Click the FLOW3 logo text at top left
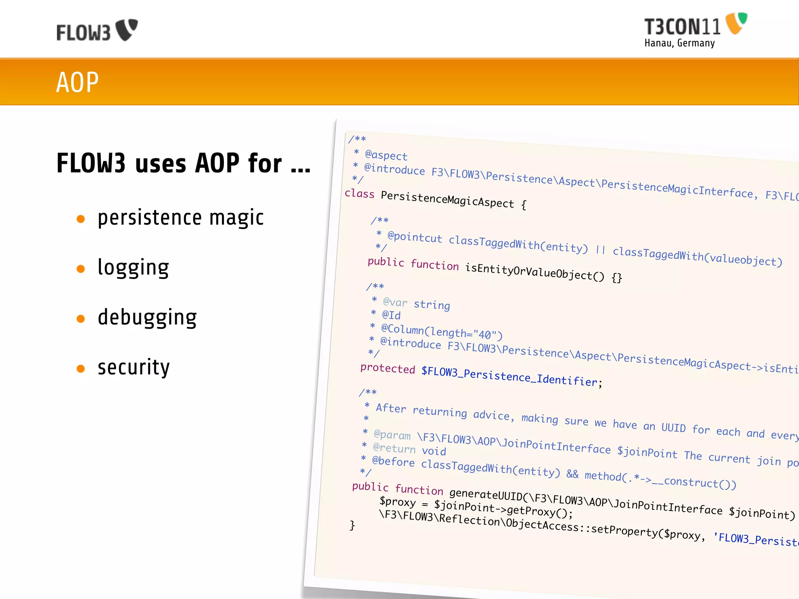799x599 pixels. pos(83,32)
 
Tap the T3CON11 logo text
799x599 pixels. pos(682,27)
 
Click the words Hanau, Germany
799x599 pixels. pos(679,43)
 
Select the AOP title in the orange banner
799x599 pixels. pos(77,82)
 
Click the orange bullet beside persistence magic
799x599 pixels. pos(81,219)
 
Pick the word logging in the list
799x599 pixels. pos(133,268)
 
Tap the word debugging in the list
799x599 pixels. pos(147,317)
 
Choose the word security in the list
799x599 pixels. pos(133,367)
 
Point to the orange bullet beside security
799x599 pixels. pos(81,369)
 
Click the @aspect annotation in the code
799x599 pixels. pos(386,155)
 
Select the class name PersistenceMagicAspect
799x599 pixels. pos(447,199)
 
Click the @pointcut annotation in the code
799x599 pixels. pos(414,237)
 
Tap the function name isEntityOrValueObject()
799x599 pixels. pos(534,272)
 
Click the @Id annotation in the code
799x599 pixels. pos(391,315)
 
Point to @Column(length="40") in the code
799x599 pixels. pos(441,331)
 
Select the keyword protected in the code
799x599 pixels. pos(387,368)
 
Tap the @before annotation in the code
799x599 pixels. pos(393,461)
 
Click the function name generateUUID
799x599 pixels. pos(485,494)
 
